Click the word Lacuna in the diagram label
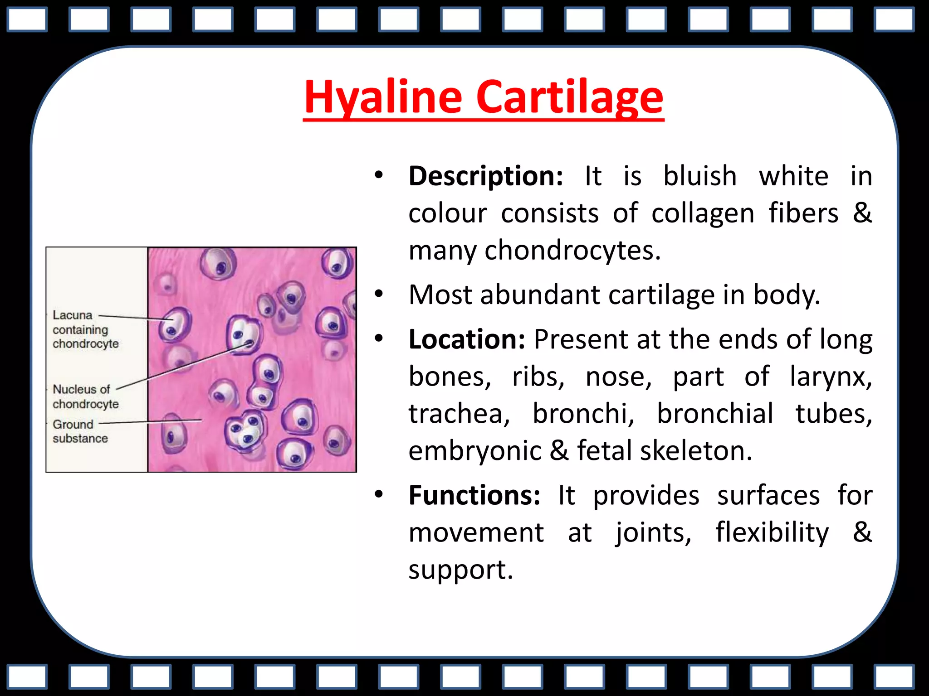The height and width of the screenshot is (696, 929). [73, 315]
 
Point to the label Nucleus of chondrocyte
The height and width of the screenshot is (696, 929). [85, 396]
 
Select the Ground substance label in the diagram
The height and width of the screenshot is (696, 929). [80, 431]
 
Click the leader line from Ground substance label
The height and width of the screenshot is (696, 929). [150, 422]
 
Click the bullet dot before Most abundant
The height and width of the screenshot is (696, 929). [379, 295]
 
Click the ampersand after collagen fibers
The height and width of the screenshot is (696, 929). [862, 213]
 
